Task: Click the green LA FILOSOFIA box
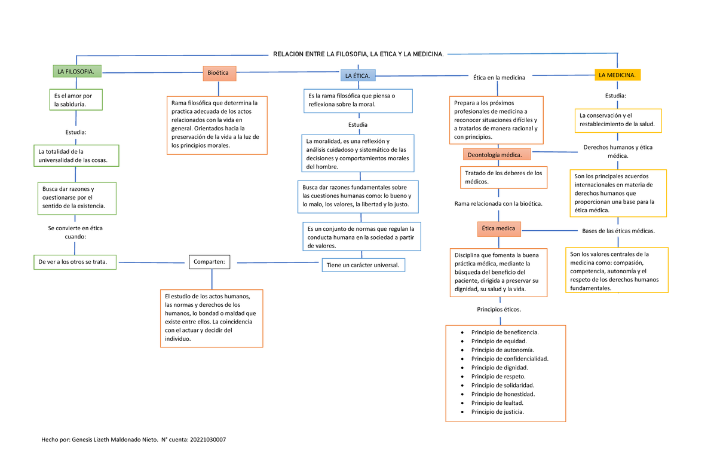click(77, 71)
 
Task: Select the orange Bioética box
click(220, 74)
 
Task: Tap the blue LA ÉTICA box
click(358, 75)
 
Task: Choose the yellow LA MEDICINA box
click(617, 75)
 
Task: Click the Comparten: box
click(210, 262)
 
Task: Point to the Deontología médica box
click(497, 155)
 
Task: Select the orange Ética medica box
click(499, 229)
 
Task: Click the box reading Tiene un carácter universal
click(363, 265)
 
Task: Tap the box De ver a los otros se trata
click(75, 262)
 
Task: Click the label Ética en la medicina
click(499, 78)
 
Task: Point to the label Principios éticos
click(499, 309)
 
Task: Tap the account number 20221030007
click(208, 439)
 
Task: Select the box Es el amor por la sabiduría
click(76, 100)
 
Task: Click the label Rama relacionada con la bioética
click(498, 204)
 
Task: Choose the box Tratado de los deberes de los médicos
click(504, 178)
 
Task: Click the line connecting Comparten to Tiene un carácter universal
click(278, 262)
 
